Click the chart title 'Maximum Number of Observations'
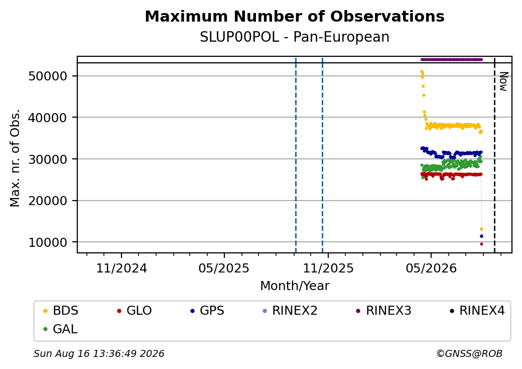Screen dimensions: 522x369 click(295, 16)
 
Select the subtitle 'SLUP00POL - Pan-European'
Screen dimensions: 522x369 click(295, 37)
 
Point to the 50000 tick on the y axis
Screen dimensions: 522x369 click(48, 76)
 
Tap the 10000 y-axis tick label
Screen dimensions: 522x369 click(48, 242)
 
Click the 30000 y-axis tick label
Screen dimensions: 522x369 click(48, 159)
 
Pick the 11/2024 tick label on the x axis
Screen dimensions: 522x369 click(121, 268)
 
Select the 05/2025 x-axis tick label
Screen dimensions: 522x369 click(224, 268)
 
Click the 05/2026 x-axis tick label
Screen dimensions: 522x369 click(431, 268)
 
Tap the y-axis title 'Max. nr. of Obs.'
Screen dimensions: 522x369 click(15, 158)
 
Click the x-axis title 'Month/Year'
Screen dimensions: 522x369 click(295, 286)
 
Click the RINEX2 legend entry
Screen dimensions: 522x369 click(290, 311)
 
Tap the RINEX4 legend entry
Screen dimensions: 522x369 click(477, 311)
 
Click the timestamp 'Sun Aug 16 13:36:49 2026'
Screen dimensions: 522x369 click(99, 353)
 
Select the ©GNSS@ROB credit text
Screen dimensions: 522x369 click(469, 353)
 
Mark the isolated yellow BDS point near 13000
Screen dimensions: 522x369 click(481, 229)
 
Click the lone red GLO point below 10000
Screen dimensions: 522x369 click(481, 244)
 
